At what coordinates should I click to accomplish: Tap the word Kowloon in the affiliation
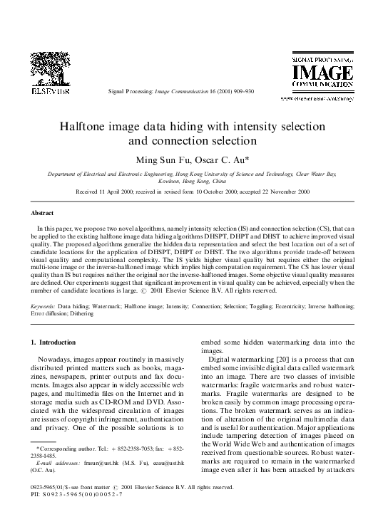170,181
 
